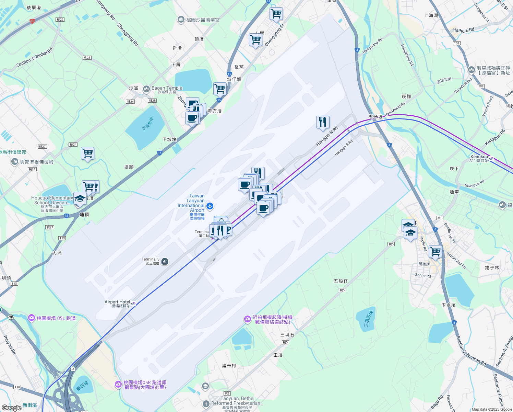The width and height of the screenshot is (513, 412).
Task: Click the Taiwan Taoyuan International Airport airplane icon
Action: (x=210, y=206)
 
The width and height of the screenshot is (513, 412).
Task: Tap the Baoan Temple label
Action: (x=167, y=88)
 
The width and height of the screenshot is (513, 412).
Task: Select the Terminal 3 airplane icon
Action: (x=165, y=262)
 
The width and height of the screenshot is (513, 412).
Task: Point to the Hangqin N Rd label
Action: (x=327, y=136)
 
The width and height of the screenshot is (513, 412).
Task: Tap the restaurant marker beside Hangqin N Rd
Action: (x=323, y=123)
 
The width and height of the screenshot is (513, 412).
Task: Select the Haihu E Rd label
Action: (x=464, y=30)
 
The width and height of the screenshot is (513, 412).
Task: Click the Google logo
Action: (x=12, y=408)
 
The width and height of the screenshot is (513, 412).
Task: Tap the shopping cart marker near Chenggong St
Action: (x=255, y=40)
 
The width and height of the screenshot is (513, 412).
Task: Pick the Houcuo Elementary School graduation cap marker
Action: (x=80, y=199)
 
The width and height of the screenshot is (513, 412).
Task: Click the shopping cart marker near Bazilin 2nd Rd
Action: (x=435, y=252)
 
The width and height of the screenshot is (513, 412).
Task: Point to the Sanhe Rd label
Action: (x=423, y=275)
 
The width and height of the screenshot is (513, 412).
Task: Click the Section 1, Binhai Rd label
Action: (x=35, y=57)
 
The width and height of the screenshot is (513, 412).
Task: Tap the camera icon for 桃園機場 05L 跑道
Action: (x=32, y=318)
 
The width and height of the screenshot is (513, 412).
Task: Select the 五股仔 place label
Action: (x=341, y=281)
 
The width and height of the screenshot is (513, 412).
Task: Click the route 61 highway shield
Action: (x=32, y=21)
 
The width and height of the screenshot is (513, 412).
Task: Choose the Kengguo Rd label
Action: (x=495, y=137)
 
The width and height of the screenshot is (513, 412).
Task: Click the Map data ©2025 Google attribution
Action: (x=492, y=409)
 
